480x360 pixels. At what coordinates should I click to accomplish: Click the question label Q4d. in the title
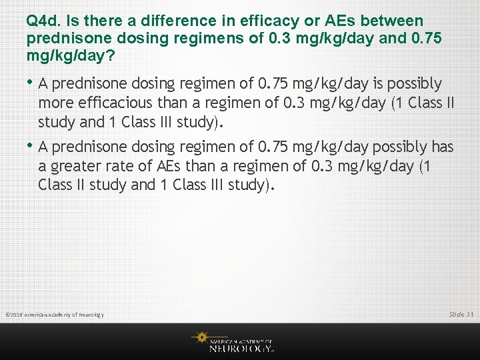coord(42,22)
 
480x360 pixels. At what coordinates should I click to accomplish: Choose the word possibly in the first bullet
coord(413,84)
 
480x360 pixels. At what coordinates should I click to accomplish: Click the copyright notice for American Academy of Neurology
coord(55,315)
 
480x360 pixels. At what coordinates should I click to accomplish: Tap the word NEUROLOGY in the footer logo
coord(241,348)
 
